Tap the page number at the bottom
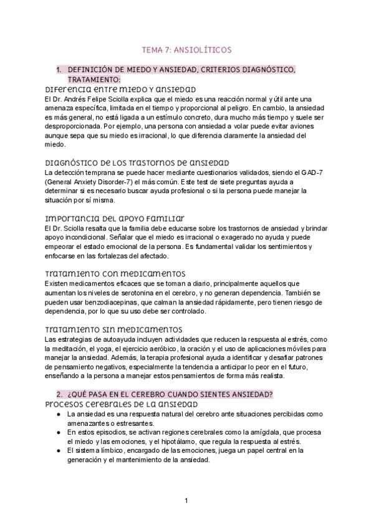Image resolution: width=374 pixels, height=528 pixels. tap(186, 500)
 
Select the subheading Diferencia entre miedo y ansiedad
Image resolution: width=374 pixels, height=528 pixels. tap(121, 89)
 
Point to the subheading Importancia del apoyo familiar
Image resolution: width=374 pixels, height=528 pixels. tap(115, 218)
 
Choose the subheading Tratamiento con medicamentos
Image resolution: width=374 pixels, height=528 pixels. tap(115, 273)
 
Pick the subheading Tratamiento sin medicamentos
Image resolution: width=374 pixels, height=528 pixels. tap(113, 329)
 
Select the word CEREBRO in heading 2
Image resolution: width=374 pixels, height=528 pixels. tap(170, 395)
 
